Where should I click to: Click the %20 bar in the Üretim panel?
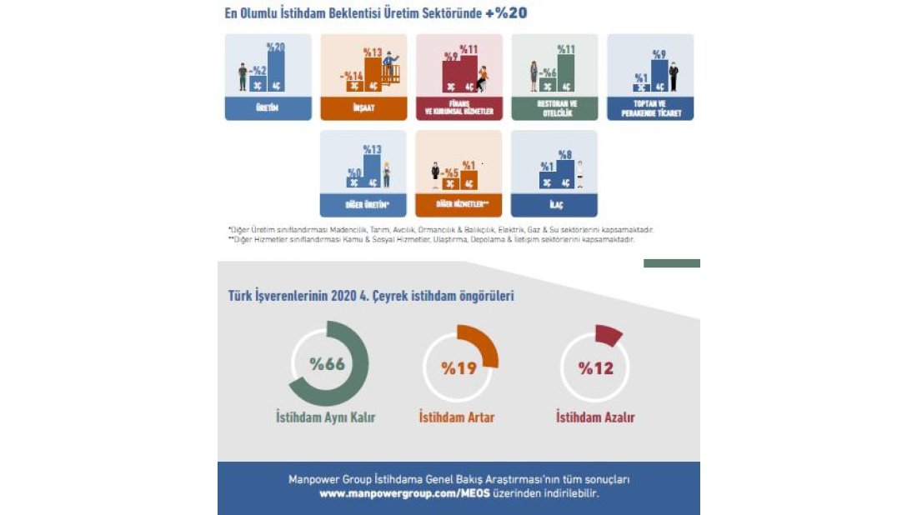click(274, 72)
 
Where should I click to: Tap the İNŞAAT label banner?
click(363, 108)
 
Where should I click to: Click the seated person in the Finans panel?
click(481, 77)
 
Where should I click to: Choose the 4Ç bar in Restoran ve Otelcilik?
click(567, 73)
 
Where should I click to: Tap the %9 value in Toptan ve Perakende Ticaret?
click(659, 55)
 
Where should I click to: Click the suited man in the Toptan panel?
click(673, 77)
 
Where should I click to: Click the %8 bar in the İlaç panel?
click(564, 173)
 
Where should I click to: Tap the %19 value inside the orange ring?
click(458, 367)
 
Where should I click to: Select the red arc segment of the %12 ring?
click(609, 335)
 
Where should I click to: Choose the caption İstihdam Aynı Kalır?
click(326, 417)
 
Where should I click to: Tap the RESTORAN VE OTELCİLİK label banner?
click(554, 108)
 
